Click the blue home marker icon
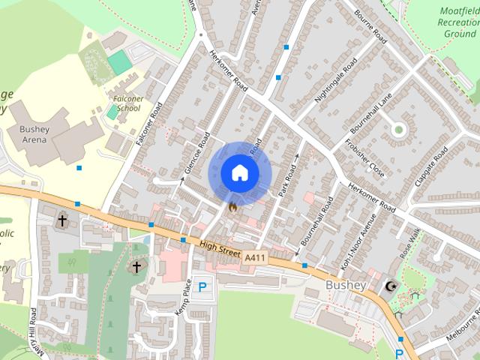point(239,172)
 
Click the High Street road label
point(220,249)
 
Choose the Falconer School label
point(124,103)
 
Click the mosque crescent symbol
point(390,286)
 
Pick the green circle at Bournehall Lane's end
point(398,129)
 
